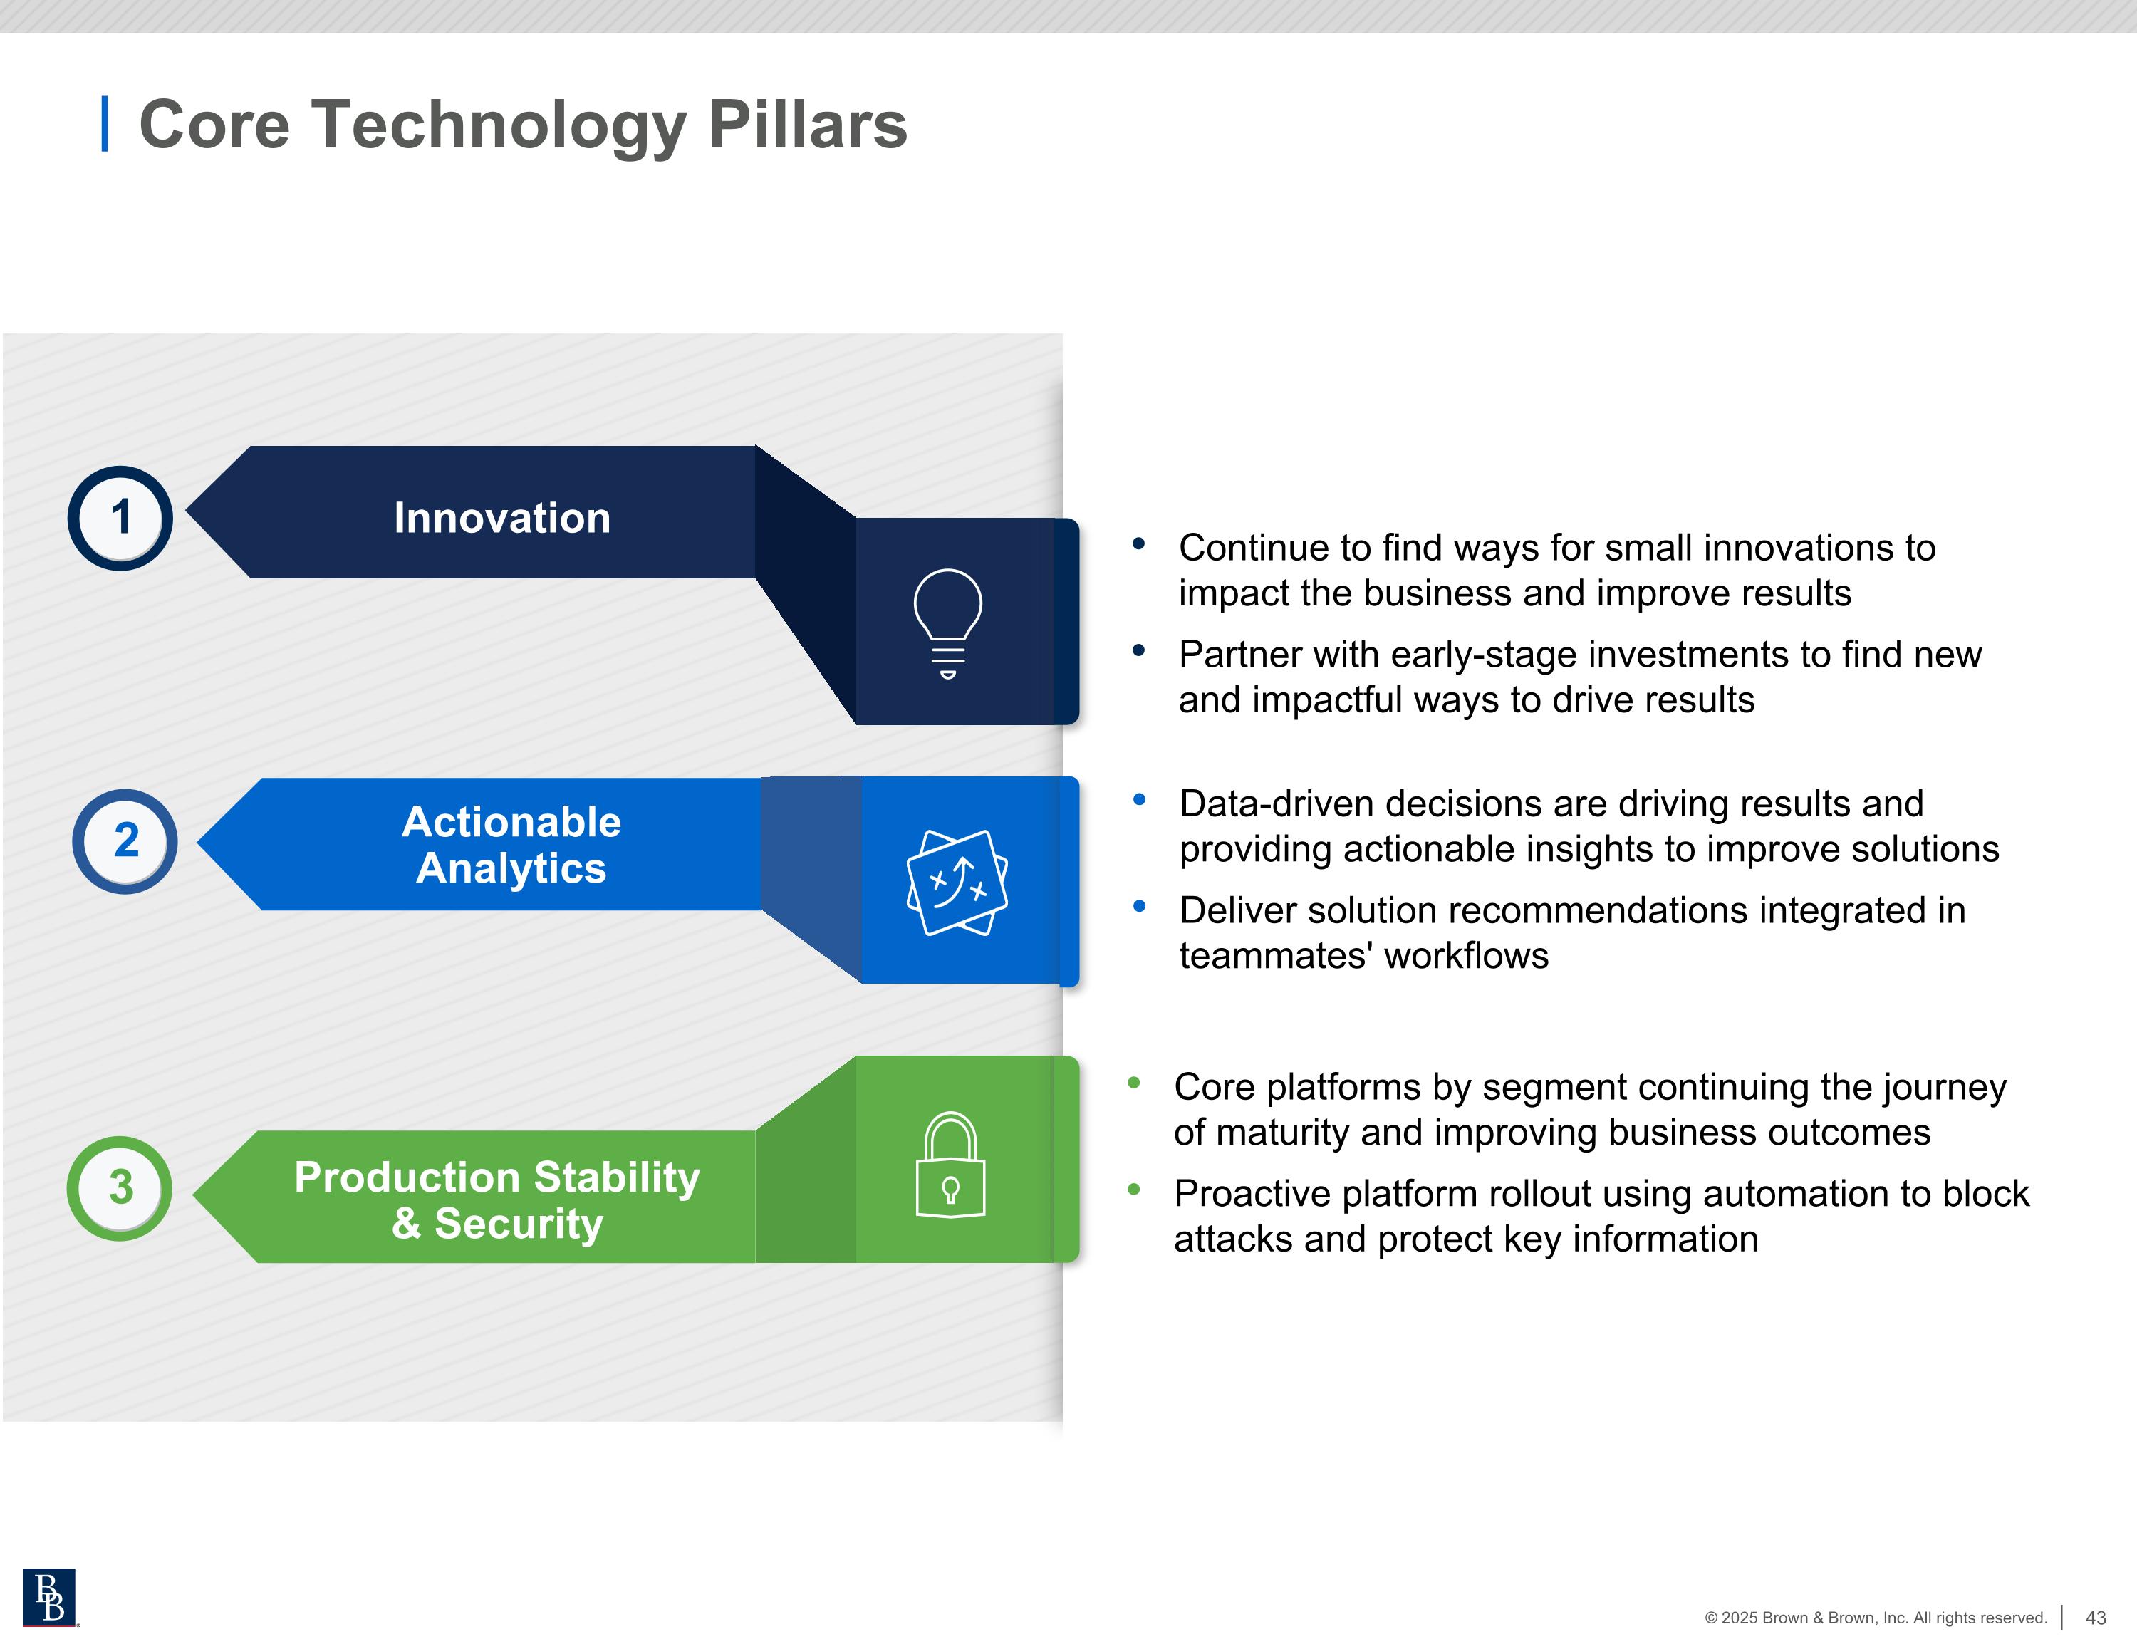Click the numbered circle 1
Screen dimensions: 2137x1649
(x=120, y=518)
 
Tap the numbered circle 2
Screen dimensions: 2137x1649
(x=125, y=841)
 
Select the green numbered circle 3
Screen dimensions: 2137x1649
(x=120, y=1188)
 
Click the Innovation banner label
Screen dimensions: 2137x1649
(x=502, y=518)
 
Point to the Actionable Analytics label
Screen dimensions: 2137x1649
(x=511, y=845)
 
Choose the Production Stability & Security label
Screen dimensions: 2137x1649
(x=497, y=1200)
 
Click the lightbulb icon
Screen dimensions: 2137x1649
(x=947, y=623)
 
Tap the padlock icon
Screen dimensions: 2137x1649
(x=950, y=1165)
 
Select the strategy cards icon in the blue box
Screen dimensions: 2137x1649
(x=957, y=883)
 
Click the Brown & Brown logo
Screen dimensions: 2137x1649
(x=49, y=1597)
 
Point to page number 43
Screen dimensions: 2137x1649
(x=2095, y=1618)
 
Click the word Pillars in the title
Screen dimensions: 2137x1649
(x=807, y=125)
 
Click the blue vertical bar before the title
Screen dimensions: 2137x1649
(x=105, y=124)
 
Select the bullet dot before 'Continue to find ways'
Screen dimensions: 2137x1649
(x=1138, y=543)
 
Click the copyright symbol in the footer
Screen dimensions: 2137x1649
(x=1711, y=1618)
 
